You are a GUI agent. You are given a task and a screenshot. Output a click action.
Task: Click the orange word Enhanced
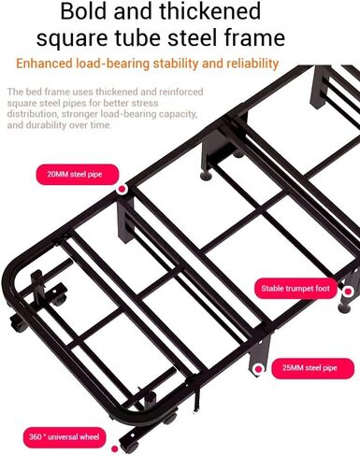pos(44,64)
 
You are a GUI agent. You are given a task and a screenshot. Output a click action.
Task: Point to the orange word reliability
pos(252,64)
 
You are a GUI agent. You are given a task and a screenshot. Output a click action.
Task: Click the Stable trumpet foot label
pos(295,289)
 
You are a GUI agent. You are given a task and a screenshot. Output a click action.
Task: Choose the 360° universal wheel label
pos(65,437)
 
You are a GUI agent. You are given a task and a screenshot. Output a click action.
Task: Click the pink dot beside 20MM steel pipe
pos(122,189)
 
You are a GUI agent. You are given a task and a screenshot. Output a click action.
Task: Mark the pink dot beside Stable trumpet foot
pos(348,292)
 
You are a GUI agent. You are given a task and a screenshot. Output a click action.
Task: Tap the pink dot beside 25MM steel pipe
pos(258,369)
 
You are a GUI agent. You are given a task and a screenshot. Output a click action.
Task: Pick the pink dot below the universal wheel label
pos(115,449)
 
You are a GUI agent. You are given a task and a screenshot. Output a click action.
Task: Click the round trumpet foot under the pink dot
pos(344,307)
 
